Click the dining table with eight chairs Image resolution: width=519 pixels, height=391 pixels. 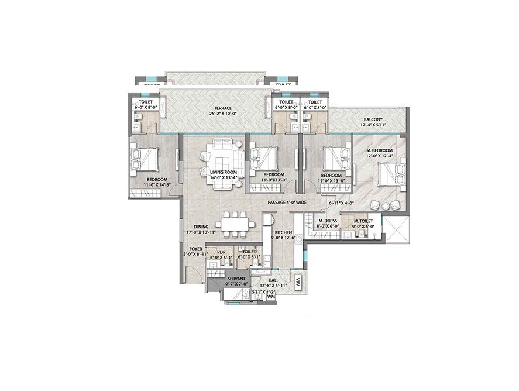pyautogui.click(x=233, y=225)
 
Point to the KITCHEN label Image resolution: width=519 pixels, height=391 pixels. pyautogui.click(x=283, y=232)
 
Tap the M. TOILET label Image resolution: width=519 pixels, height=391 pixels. pyautogui.click(x=364, y=222)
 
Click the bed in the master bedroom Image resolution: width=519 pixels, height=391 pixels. pyautogui.click(x=391, y=174)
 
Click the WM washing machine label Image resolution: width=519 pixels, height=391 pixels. pyautogui.click(x=271, y=297)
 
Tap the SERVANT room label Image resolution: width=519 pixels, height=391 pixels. pyautogui.click(x=236, y=279)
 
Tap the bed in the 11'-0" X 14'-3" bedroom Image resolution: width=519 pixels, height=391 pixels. pyautogui.click(x=145, y=157)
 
